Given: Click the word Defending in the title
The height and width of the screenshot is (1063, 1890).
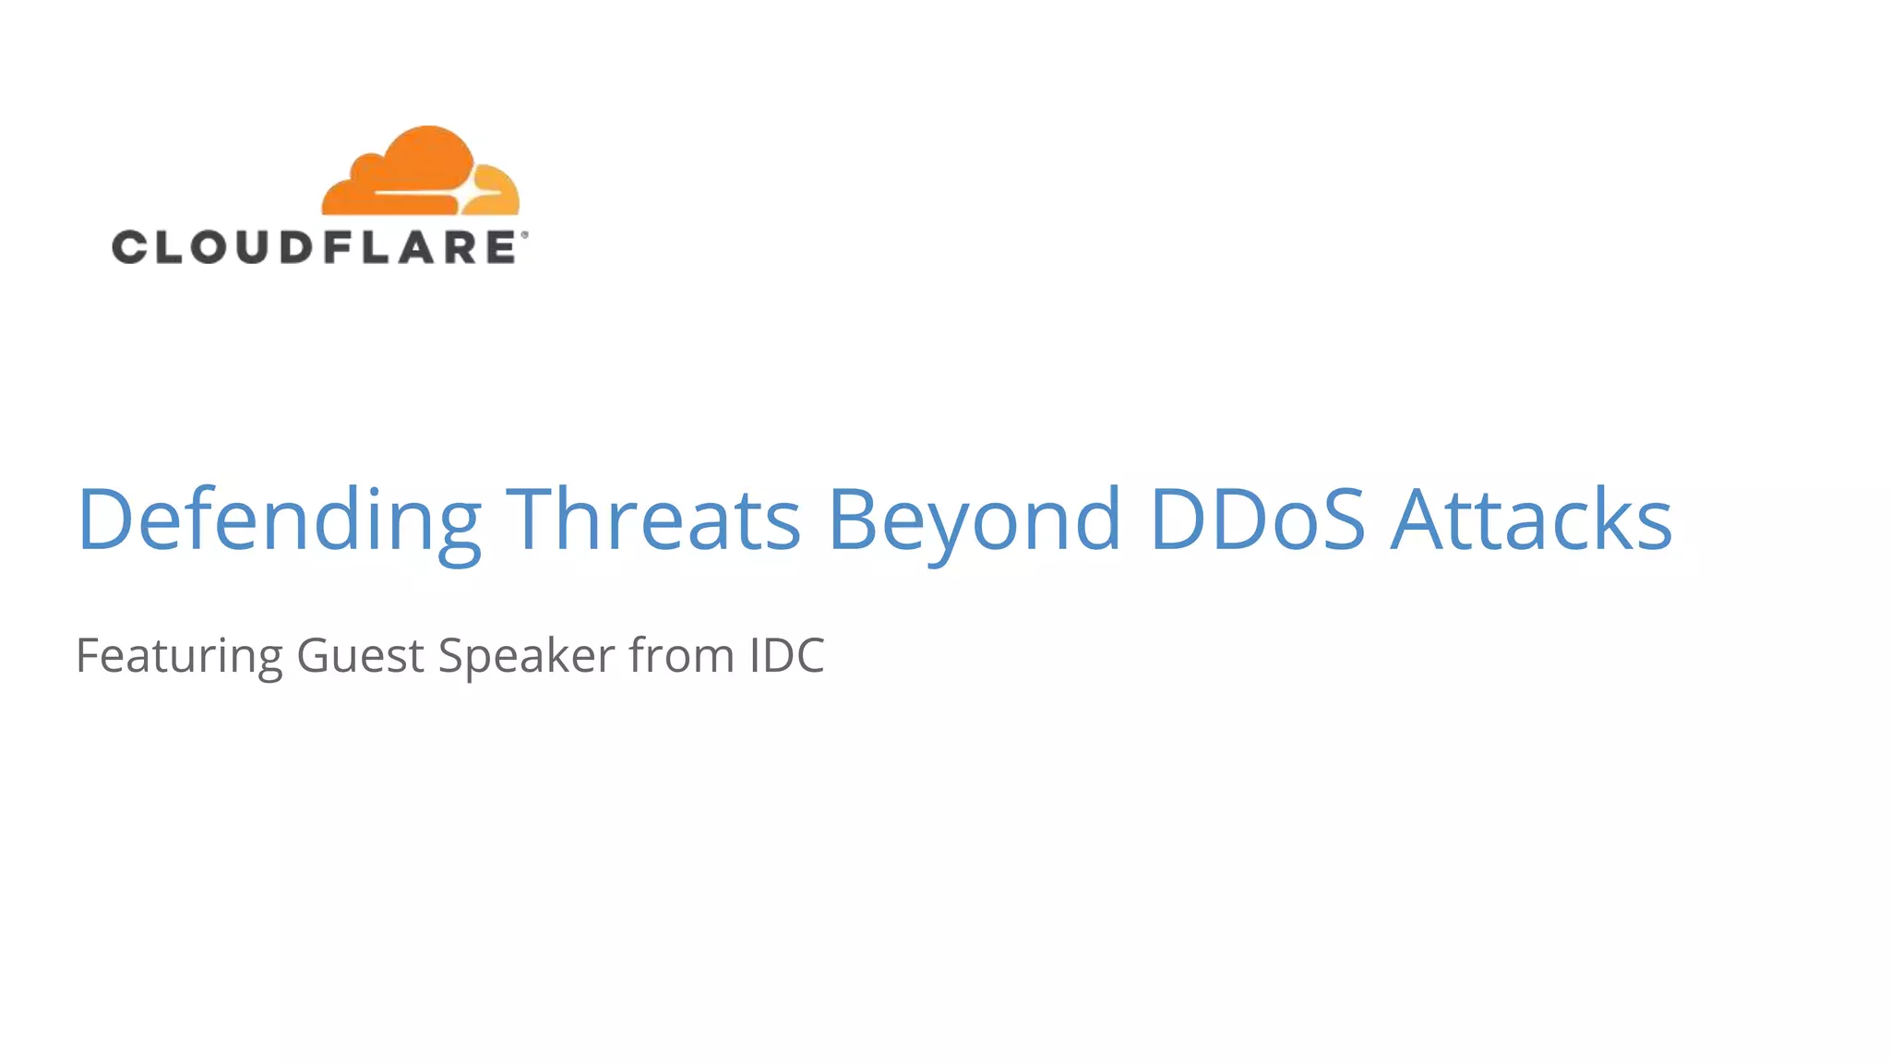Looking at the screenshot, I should tap(279, 519).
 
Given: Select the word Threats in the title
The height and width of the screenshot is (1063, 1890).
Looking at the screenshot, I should tap(653, 519).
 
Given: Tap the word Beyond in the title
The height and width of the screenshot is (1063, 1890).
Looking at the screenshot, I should tap(975, 519).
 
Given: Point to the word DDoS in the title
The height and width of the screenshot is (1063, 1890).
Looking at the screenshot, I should tap(1257, 519).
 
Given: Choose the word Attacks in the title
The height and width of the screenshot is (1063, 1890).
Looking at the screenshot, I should tap(1531, 519).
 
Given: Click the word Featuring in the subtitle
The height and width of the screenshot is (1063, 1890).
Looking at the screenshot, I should tap(179, 656).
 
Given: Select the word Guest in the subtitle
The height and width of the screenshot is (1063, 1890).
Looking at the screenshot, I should tap(360, 656).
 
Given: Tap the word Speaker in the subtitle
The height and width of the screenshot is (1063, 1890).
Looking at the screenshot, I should tap(526, 656).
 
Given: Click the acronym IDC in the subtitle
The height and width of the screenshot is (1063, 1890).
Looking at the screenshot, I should tap(786, 656).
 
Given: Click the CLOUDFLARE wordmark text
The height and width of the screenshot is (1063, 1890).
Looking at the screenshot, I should tap(314, 247).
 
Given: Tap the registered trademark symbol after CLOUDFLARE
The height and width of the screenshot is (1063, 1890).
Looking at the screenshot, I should tap(525, 235).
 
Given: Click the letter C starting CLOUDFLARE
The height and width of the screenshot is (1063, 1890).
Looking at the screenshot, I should tap(130, 247).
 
